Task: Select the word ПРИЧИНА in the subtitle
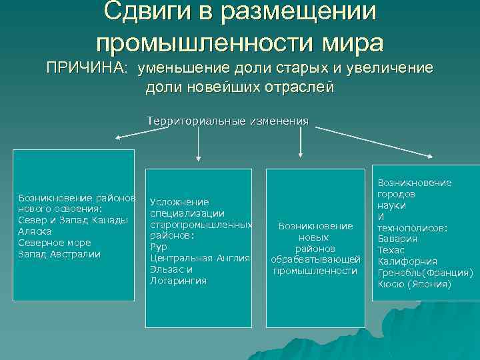tap(85, 68)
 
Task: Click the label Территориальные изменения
tap(228, 121)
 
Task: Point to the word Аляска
tap(35, 231)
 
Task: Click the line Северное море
tap(55, 243)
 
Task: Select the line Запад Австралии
tap(59, 254)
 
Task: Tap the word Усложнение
tap(179, 202)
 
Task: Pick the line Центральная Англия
tap(200, 258)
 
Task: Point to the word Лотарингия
tap(178, 281)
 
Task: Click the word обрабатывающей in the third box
tap(315, 259)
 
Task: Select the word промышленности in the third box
tap(315, 270)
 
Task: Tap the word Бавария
tap(397, 239)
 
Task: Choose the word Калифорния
tap(407, 261)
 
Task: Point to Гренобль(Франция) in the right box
tap(425, 273)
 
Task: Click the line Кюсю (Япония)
tap(414, 284)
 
